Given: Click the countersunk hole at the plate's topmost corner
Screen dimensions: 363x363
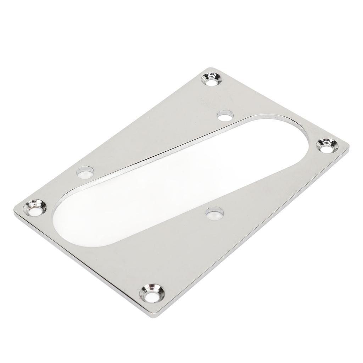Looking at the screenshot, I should click(x=212, y=80).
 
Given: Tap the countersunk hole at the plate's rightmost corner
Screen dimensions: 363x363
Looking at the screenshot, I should click(x=326, y=145).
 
